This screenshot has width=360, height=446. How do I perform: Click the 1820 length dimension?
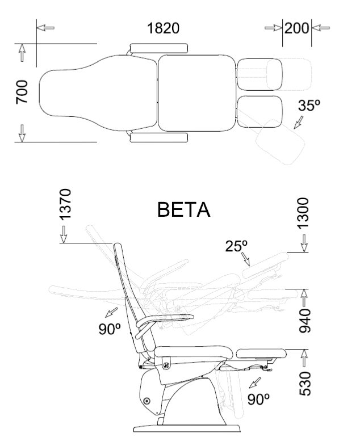(x=164, y=28)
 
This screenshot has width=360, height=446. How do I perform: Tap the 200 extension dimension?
(x=296, y=28)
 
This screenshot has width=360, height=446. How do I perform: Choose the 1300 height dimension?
(x=304, y=212)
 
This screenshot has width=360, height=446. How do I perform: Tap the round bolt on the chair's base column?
(x=148, y=401)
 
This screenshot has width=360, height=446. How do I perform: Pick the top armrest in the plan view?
(x=159, y=47)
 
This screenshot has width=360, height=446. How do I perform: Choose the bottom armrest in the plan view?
(x=159, y=138)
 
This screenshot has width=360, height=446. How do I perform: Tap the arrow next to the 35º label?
(x=298, y=121)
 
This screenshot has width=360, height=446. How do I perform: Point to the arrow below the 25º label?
(x=246, y=260)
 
